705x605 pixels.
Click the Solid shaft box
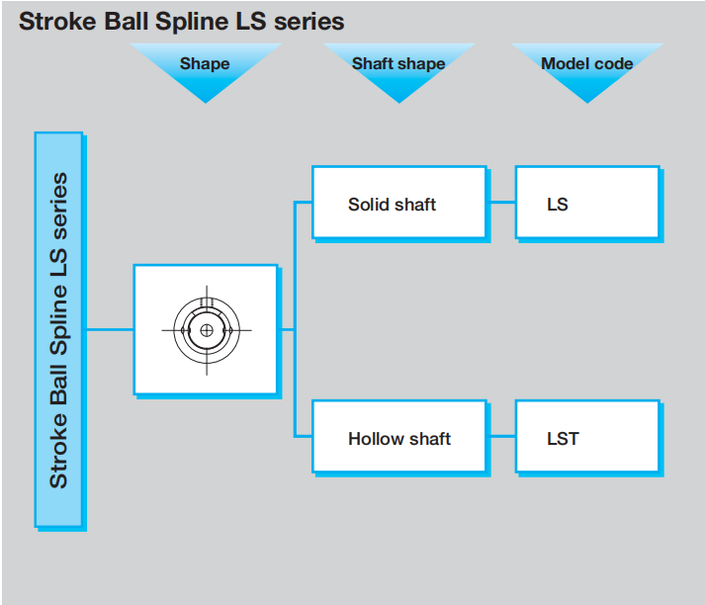398,203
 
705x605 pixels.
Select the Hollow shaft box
398,436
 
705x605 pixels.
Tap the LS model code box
587,203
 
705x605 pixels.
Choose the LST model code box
587,436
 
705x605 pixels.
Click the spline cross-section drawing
206,330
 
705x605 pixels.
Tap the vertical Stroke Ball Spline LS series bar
58,329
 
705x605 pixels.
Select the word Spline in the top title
194,21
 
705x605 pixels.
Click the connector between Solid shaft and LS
501,203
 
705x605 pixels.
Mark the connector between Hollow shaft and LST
501,436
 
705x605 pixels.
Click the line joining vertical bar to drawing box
108,329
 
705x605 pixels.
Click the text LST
563,438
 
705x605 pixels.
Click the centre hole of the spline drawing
206,330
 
